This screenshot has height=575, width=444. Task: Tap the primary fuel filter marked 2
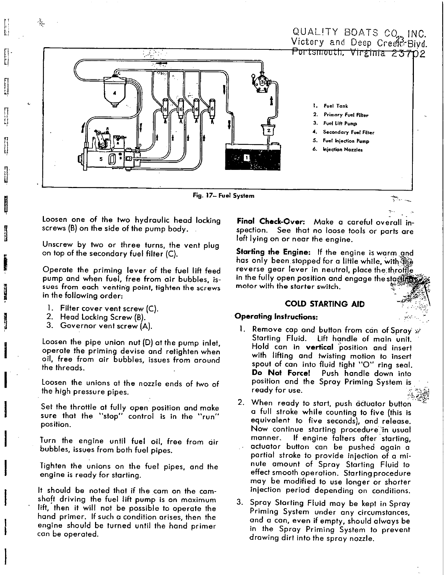(x=268, y=130)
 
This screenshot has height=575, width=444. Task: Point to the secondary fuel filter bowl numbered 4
(x=115, y=92)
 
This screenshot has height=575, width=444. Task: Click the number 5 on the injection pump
(x=101, y=158)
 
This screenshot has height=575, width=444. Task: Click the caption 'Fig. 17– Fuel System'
(x=223, y=196)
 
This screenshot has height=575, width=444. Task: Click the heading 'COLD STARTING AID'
(x=325, y=304)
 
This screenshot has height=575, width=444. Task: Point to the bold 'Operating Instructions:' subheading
(x=276, y=317)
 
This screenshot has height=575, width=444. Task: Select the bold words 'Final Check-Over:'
(x=272, y=221)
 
